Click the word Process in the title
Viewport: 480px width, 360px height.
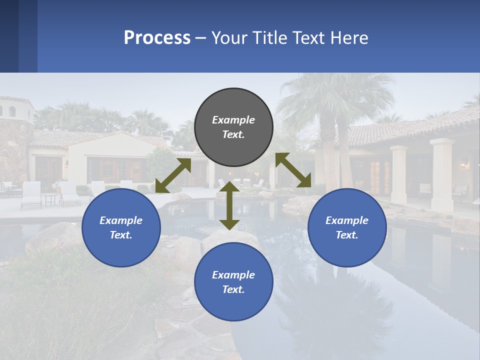[x=157, y=37]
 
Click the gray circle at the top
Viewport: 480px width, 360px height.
[x=233, y=127]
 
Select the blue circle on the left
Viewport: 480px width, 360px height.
[x=121, y=227]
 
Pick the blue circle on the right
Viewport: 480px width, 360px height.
[x=347, y=227]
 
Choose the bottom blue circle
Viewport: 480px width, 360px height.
[x=233, y=281]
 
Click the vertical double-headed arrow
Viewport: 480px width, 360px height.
[x=229, y=205]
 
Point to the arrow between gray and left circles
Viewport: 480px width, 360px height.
[x=173, y=175]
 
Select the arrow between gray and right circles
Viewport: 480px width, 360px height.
[x=293, y=170]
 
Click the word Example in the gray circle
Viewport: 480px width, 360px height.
[x=233, y=120]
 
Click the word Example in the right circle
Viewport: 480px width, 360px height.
[x=347, y=220]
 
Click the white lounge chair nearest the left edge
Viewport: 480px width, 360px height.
[x=31, y=194]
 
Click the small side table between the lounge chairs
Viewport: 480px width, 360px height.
[x=50, y=198]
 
